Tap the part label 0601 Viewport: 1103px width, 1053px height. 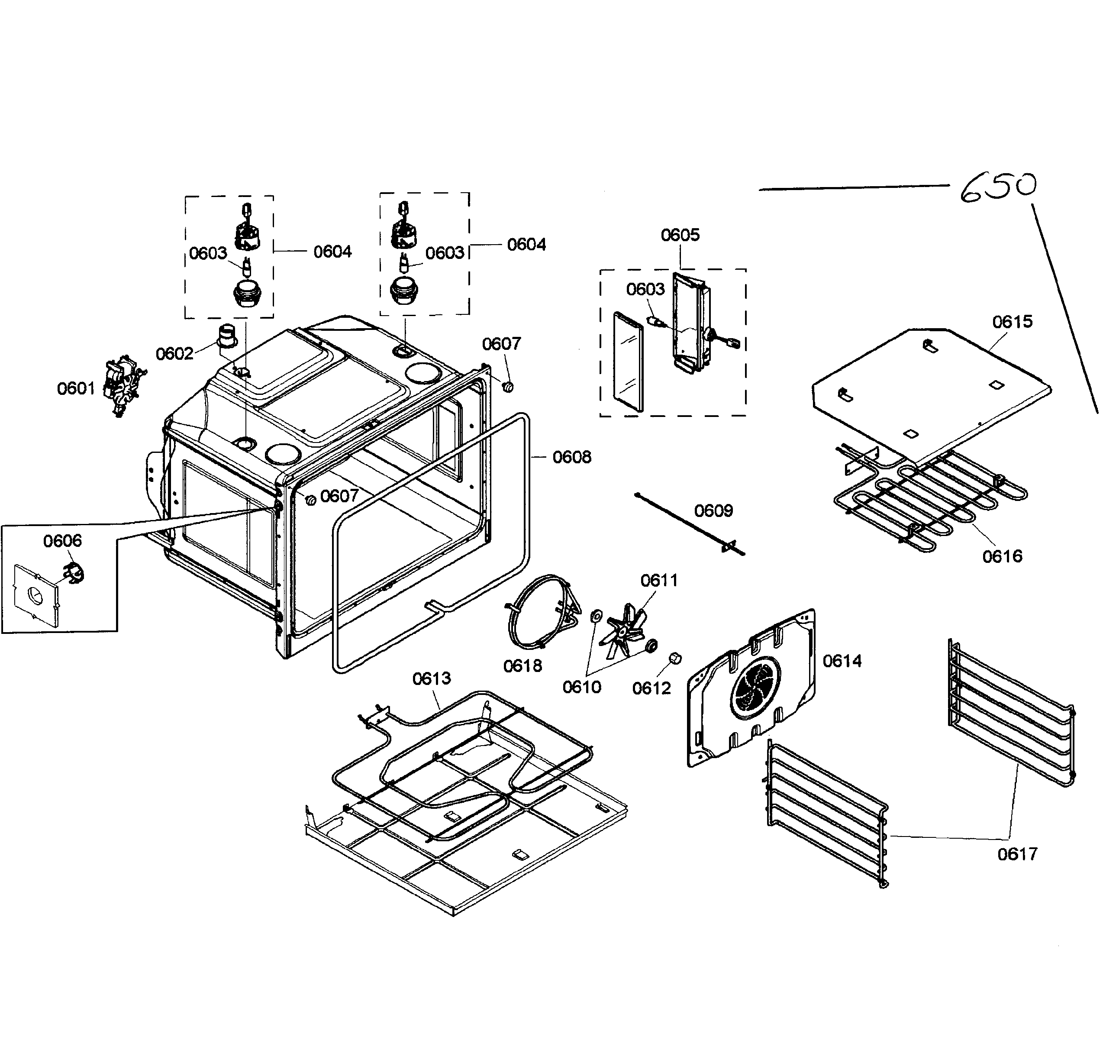click(x=76, y=388)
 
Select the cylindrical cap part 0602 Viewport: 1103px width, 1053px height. click(x=227, y=336)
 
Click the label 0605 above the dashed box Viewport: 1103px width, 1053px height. click(x=680, y=235)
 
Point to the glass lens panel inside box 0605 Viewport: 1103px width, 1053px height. click(x=628, y=362)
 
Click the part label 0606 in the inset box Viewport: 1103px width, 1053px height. click(x=62, y=541)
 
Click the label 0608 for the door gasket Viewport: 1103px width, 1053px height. click(x=572, y=457)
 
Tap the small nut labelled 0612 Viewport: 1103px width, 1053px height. click(x=675, y=659)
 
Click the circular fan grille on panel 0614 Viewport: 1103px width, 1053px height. click(x=755, y=688)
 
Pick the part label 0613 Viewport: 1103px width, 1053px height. click(x=432, y=678)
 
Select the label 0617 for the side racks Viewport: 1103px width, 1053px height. click(x=1017, y=854)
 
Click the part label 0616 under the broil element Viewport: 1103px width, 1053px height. click(x=1002, y=556)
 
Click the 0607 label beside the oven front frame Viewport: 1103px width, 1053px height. click(x=339, y=496)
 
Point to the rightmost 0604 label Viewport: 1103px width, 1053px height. click(x=526, y=244)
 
